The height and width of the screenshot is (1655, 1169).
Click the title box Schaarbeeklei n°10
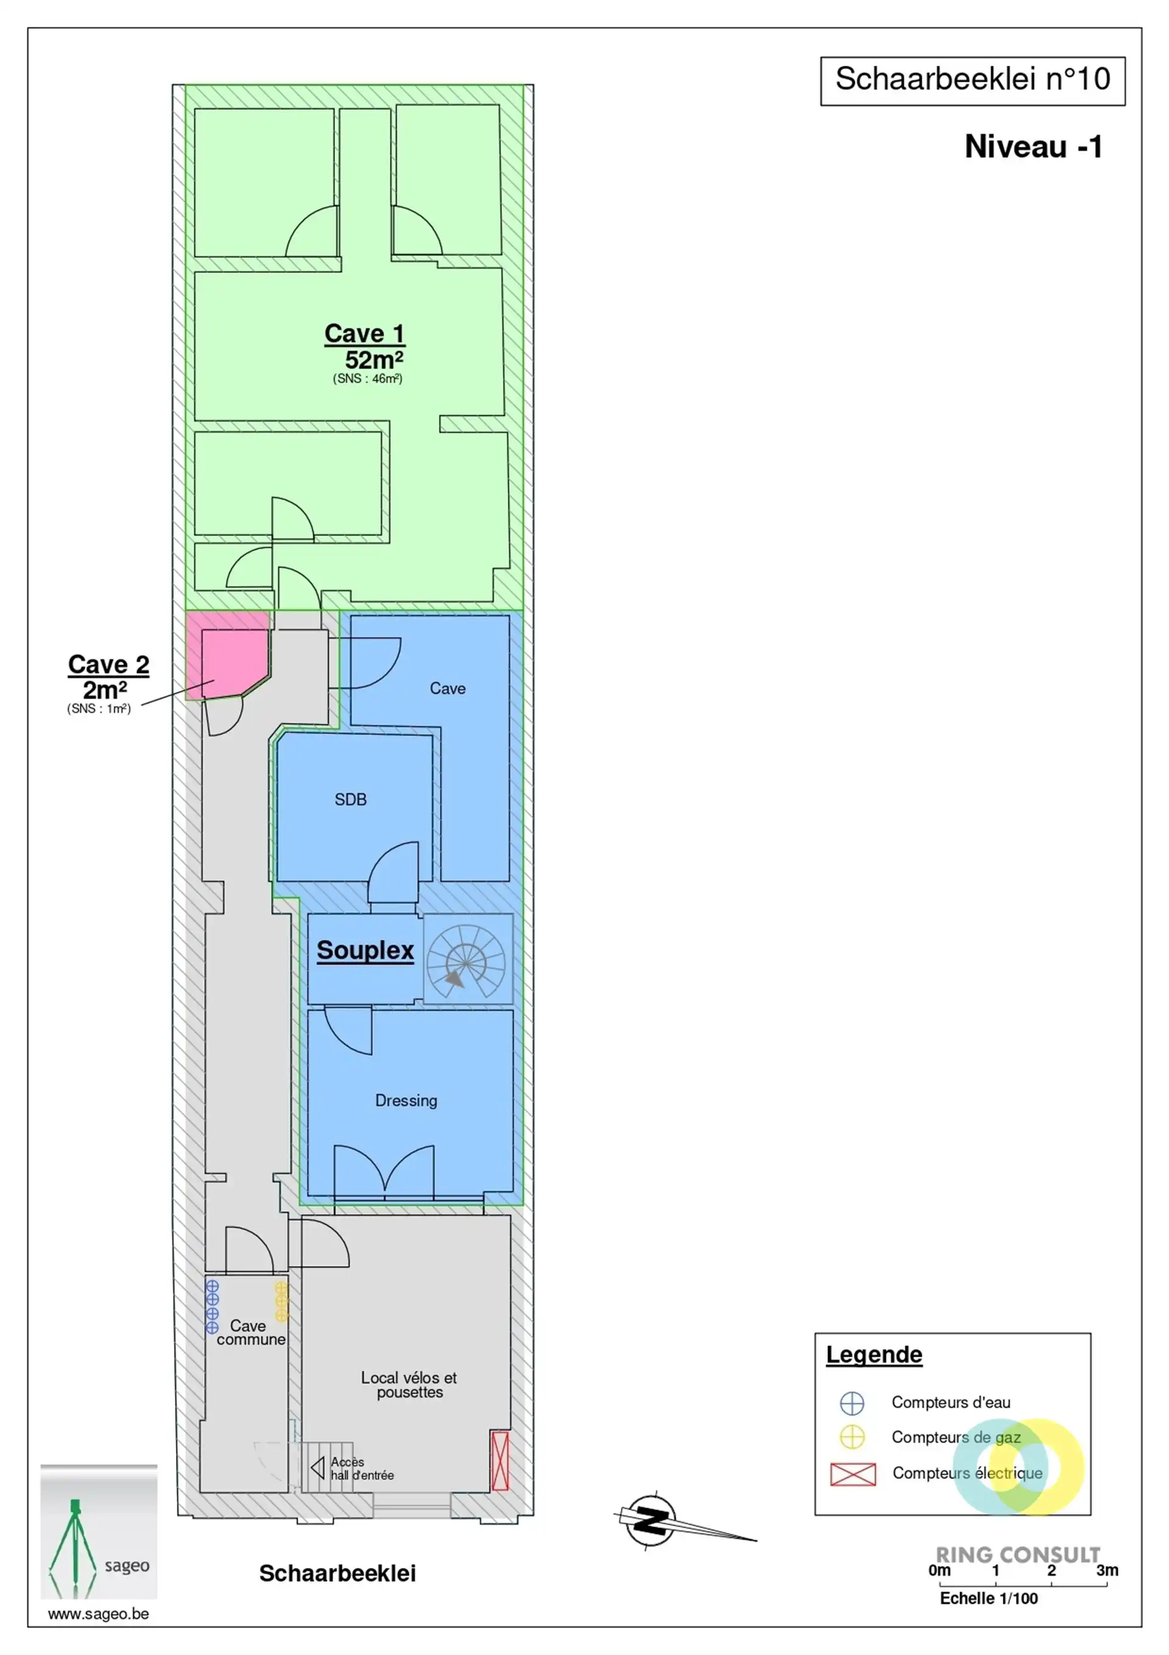coord(972,81)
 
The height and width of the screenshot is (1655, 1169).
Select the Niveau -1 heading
coord(1033,147)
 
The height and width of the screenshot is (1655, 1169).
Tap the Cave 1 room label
coord(364,333)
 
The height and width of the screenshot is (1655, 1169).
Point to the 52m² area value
coord(373,359)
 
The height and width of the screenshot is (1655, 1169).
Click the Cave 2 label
coord(109,664)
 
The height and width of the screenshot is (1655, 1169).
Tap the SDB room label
coord(350,799)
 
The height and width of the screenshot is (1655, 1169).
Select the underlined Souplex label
coord(365,950)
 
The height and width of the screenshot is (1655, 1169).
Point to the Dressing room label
coord(405,1100)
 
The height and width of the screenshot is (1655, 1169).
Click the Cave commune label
coord(251,1332)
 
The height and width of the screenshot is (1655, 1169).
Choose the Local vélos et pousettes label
coord(409,1384)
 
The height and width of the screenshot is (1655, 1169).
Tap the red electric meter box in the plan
coord(499,1461)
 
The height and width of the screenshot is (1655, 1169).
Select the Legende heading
coord(874,1355)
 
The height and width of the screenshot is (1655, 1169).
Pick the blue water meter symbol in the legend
coord(852,1403)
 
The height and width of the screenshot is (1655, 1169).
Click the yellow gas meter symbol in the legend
coord(852,1438)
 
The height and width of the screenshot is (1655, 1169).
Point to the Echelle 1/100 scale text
coord(989,1599)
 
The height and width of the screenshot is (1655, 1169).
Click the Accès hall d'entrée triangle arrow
coord(318,1467)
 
